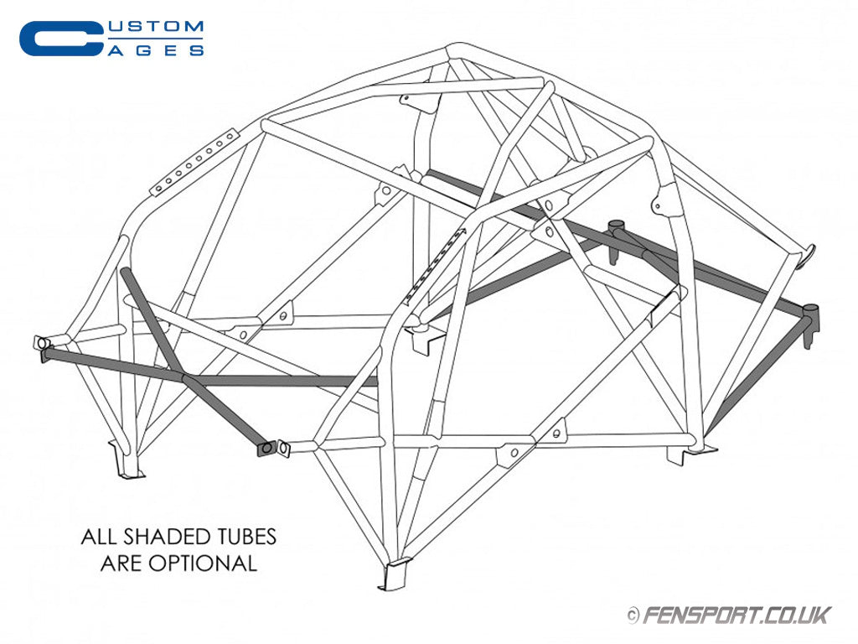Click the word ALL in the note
(99, 537)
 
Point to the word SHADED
(163, 537)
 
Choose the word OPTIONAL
(201, 563)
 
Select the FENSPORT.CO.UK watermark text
(737, 615)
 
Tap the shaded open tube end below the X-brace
(266, 449)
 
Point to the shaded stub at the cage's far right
(809, 322)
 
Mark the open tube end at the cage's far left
(40, 343)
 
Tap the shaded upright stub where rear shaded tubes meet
(618, 229)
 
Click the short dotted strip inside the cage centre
(434, 265)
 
